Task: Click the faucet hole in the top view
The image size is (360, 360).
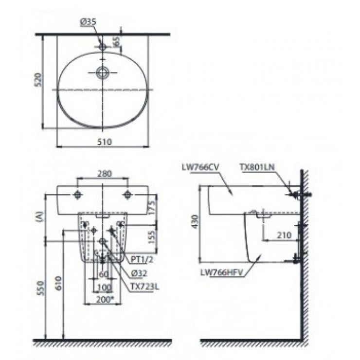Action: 103,47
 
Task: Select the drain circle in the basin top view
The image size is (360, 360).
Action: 103,73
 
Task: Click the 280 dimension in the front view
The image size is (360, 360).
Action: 104,173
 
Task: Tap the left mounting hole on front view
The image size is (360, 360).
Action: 77,195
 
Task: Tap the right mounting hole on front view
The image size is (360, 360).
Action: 128,195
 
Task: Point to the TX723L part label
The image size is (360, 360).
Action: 144,287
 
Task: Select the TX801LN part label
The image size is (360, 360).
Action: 257,167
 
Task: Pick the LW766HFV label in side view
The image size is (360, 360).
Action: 221,273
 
